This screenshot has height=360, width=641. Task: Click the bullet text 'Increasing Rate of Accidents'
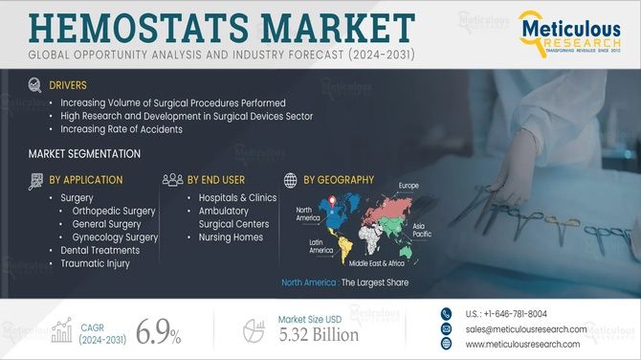(122, 129)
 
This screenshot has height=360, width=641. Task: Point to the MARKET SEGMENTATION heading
(84, 154)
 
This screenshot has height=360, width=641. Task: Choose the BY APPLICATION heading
(85, 179)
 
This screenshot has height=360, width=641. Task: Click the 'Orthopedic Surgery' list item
(114, 211)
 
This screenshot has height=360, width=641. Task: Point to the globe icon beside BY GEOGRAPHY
(291, 179)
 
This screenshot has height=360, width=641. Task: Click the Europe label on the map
(409, 185)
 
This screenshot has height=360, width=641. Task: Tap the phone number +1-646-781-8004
(507, 314)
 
